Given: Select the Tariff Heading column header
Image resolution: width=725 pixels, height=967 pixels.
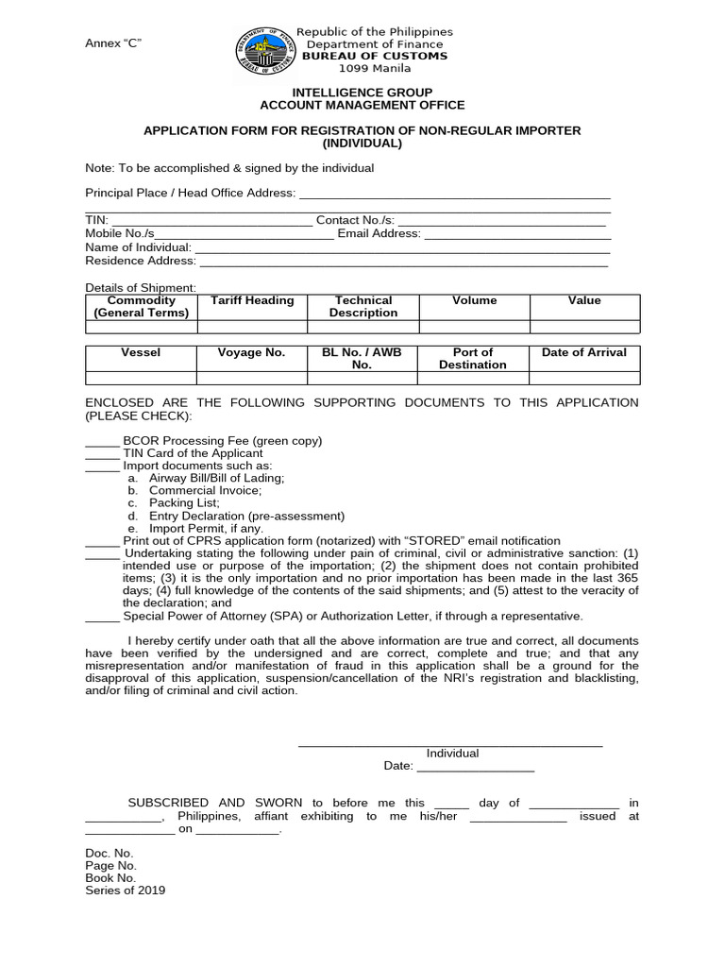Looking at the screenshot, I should pos(252,301).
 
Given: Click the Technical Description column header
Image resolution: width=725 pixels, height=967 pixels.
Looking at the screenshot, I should pos(363,307).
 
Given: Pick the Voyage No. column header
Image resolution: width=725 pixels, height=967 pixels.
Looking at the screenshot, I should pos(251,352).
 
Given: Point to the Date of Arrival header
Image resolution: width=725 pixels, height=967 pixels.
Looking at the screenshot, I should pos(583,352).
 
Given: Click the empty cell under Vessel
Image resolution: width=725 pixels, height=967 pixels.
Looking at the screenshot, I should pos(141,378).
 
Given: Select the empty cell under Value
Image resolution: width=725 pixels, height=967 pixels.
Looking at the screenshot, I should pos(583,327).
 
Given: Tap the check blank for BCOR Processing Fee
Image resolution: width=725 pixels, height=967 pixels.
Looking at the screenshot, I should pos(102,441).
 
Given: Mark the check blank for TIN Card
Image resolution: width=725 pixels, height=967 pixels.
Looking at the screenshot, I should pos(102,453).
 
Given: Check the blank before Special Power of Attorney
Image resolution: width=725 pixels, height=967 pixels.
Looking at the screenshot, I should pos(102,617).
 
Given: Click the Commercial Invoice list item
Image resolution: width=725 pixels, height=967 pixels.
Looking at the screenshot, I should pos(205,491).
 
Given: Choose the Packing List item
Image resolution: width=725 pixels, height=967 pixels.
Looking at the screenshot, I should pos(184,503).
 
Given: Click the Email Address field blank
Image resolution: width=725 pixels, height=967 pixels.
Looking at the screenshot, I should pos(516,235).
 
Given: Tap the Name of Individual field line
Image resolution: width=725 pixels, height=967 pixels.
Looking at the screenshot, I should pos(402,248).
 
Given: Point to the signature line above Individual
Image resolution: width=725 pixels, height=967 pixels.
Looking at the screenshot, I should pos(450,746).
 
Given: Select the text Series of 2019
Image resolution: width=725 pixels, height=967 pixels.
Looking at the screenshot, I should pos(126,890).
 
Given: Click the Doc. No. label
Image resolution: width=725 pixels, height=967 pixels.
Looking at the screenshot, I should pos(110,853).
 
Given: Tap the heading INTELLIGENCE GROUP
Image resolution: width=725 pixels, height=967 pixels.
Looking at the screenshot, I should pos(362,93).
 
